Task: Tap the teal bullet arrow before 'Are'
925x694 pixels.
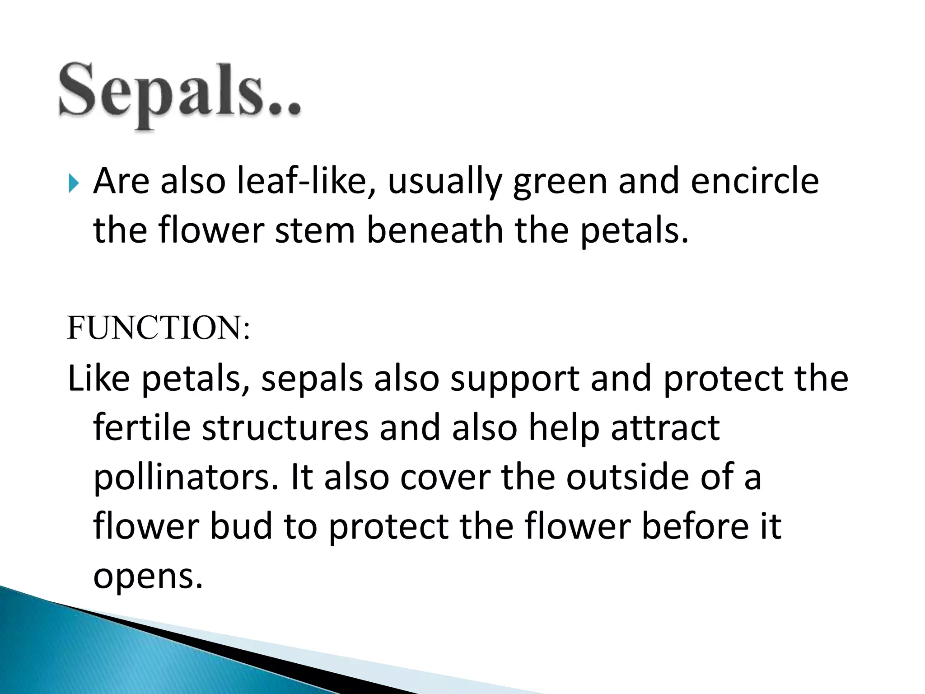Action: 73,184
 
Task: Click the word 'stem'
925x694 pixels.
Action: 315,231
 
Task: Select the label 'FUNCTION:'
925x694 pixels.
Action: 158,328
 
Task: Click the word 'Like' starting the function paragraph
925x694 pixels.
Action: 99,379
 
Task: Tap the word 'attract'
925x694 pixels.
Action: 665,428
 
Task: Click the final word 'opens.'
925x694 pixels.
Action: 148,577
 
